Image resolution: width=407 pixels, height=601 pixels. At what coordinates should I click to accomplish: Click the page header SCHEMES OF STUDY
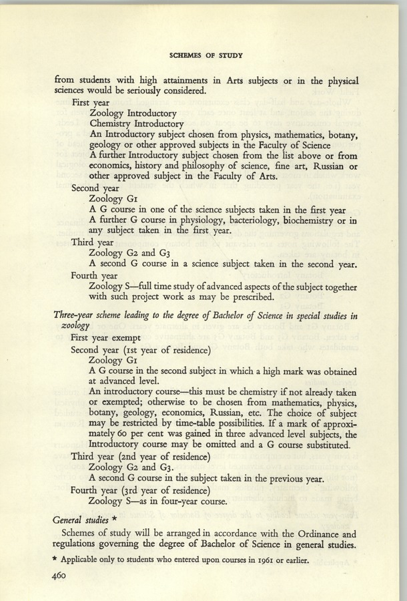pyautogui.click(x=206, y=55)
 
